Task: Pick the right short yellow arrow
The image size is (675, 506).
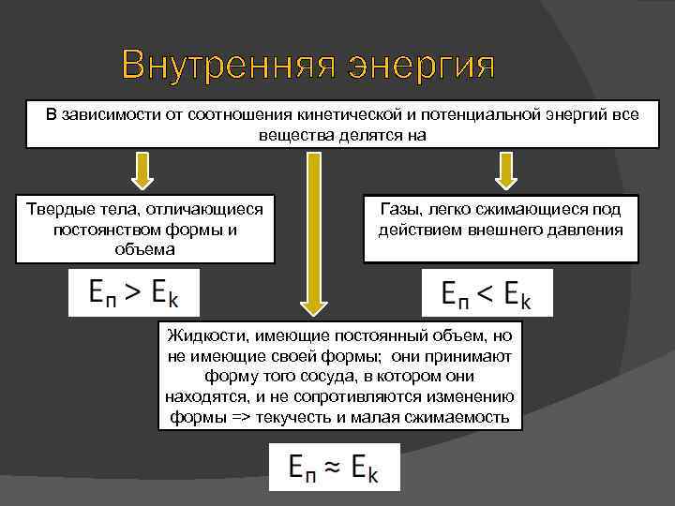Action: [x=506, y=171]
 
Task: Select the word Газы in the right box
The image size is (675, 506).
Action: [x=399, y=209]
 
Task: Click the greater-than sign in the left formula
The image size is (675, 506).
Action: [x=134, y=291]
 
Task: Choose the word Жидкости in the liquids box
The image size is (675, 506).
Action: [x=201, y=335]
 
